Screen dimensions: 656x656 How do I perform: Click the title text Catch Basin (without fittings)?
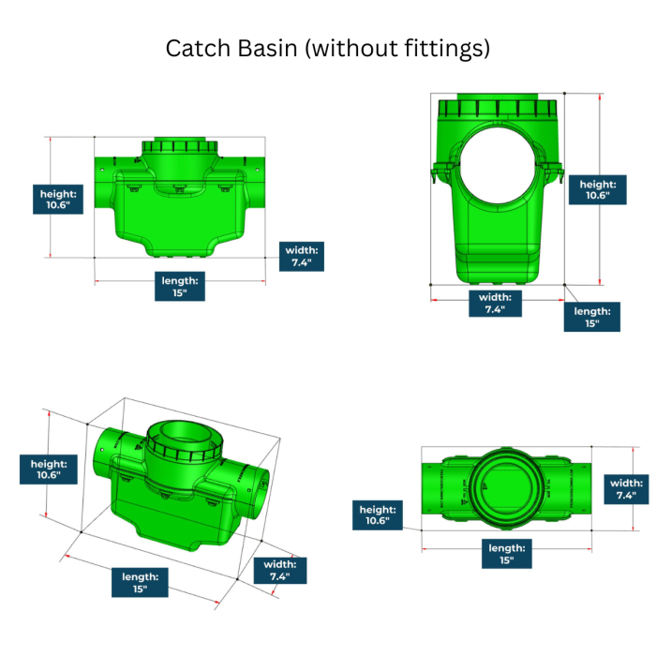coord(328,48)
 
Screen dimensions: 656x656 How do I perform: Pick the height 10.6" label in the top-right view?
coord(598,190)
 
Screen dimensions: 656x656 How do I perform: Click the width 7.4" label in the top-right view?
coord(494,304)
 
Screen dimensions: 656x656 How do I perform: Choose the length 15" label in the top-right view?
coord(591,317)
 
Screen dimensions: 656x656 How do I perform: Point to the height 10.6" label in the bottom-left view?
coord(46,469)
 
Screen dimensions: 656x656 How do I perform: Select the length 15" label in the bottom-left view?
coord(140,582)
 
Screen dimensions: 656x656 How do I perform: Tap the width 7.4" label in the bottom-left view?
coord(279,571)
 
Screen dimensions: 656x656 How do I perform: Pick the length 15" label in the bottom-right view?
coord(506,554)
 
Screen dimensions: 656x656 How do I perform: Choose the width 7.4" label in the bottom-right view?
coord(625,489)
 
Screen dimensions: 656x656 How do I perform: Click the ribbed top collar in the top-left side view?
coord(180,148)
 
